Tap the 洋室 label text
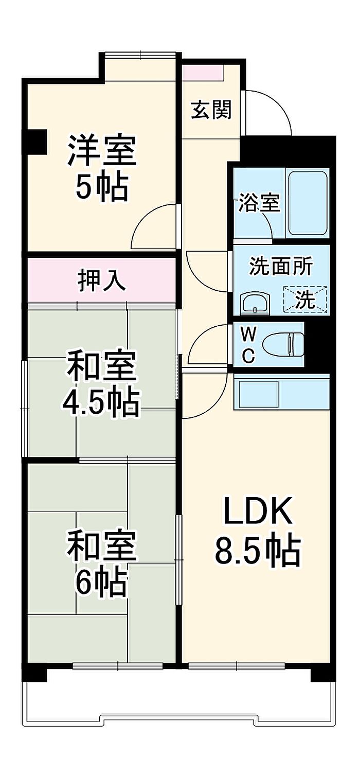pos(102,151)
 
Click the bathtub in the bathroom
pos(308,203)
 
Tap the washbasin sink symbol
pos(255,303)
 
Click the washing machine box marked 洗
pos(305,299)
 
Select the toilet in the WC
pos(283,345)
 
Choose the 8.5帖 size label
pos(257,550)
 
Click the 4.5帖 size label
pos(101,402)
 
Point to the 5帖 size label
pos(102,187)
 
